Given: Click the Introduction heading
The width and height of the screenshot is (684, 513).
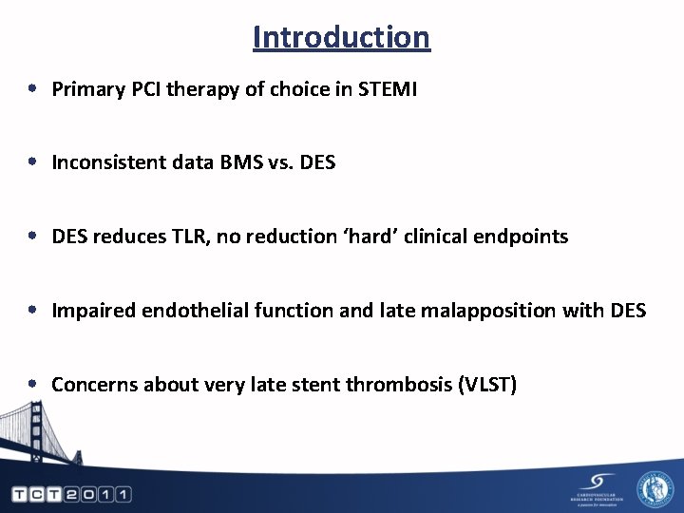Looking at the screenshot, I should pos(341,37).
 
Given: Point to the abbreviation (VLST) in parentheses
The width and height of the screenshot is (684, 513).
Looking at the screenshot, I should pos(486,384).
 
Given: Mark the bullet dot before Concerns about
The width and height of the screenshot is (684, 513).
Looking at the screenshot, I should pos(32,384).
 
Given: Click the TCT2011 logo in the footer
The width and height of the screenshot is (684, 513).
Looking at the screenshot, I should pos(71,494).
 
